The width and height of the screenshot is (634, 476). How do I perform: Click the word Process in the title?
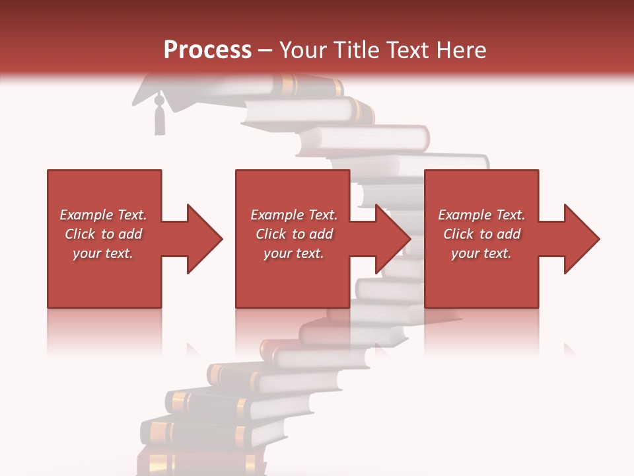point(207,50)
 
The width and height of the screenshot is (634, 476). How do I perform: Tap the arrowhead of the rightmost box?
point(582,239)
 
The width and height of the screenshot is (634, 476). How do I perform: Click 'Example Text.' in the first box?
point(103,215)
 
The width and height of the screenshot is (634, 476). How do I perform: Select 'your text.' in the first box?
point(103,253)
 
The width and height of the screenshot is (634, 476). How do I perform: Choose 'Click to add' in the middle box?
point(294,234)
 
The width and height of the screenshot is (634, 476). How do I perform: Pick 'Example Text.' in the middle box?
point(294,215)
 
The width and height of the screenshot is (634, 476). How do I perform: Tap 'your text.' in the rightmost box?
point(481,253)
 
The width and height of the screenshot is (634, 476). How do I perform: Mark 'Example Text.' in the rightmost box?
point(481,215)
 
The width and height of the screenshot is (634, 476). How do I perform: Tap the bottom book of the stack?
point(198,463)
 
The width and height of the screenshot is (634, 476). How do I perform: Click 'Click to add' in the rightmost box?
point(481,234)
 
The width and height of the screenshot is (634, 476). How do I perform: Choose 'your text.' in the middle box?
point(294,253)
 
